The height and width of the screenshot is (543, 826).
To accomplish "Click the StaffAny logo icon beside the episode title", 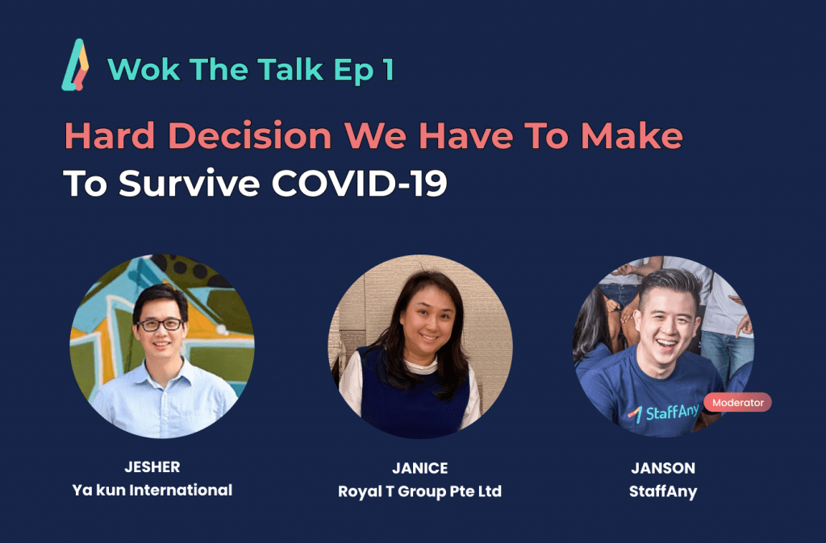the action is (75, 64).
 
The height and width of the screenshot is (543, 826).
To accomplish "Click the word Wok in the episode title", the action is (144, 69).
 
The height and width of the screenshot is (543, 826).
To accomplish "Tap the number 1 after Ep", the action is (389, 69).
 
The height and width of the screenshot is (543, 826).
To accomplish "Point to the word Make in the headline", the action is (632, 135).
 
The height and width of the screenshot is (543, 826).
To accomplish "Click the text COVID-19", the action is (359, 183).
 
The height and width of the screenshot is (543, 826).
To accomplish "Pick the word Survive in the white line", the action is (190, 183).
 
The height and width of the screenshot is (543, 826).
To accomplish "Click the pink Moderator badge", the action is (737, 403).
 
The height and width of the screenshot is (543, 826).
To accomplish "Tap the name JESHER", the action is (152, 466).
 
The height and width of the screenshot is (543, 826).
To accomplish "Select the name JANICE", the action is (419, 468).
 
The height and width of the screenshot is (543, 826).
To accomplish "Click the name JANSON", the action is (663, 468).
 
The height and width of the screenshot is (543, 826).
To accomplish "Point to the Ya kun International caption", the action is (152, 491).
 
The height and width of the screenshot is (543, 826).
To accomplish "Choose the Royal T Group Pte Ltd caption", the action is (419, 491).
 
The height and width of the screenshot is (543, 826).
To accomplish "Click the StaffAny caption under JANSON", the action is (663, 491).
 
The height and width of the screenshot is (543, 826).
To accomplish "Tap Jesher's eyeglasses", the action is (161, 325).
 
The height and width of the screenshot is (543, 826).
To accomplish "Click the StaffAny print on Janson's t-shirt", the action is (664, 413).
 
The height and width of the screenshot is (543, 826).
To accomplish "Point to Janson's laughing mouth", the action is (666, 345).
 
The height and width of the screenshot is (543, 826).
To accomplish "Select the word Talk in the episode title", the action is (290, 69).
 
